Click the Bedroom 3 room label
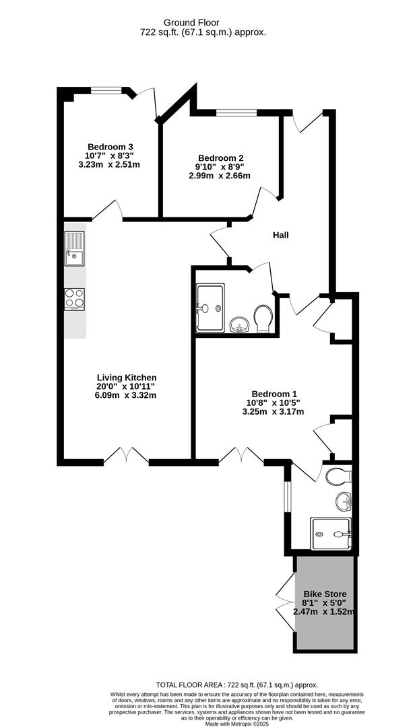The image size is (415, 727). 110,147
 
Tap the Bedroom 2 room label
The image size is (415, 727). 219,158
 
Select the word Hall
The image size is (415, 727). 281,235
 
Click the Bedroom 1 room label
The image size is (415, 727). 274,394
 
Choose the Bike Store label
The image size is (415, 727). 324,594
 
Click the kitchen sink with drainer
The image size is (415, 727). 75,248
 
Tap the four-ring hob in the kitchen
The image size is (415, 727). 75,298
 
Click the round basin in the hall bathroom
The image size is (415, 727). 238,326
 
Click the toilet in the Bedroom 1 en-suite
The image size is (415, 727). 338,477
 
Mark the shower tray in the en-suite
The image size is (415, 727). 331,534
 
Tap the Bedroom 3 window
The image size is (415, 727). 106,89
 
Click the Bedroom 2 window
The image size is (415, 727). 231,111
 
